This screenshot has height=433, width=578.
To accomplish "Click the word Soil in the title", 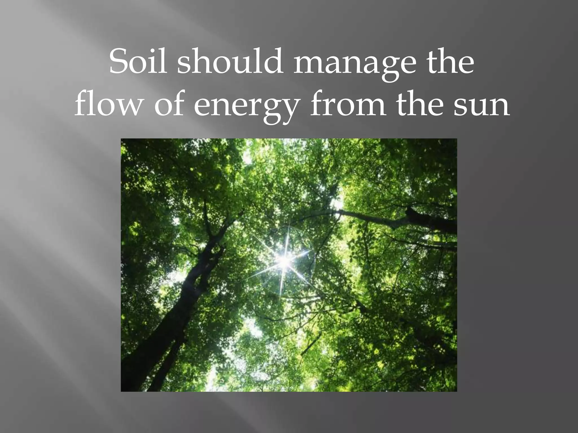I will [137, 61].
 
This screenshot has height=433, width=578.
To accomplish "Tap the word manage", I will [351, 63].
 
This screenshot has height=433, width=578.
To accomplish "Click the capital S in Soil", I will [119, 61].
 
